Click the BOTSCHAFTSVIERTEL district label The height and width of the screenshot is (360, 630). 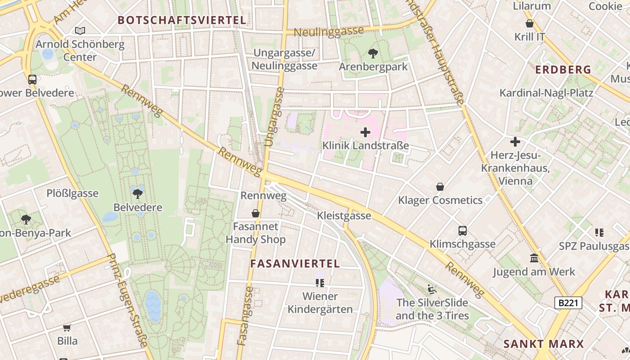pyautogui.click(x=182, y=20)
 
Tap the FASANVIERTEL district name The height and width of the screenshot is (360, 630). pyautogui.click(x=295, y=264)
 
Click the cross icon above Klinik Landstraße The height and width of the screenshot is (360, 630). pyautogui.click(x=365, y=132)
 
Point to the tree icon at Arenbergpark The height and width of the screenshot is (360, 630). pyautogui.click(x=373, y=54)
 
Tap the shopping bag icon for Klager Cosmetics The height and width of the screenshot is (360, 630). pyautogui.click(x=440, y=187)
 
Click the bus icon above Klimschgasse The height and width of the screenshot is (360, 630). pyautogui.click(x=462, y=231)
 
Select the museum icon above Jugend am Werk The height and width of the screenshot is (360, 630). pyautogui.click(x=534, y=258)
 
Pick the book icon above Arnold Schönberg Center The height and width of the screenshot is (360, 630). pyautogui.click(x=80, y=31)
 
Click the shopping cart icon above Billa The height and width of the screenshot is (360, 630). pyautogui.click(x=67, y=328)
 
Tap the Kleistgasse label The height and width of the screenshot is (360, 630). pyautogui.click(x=344, y=216)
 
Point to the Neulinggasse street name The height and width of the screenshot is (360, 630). pyautogui.click(x=328, y=31)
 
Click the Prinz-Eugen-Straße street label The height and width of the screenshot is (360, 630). pyautogui.click(x=128, y=300)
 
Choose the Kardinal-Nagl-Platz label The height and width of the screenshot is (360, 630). pyautogui.click(x=546, y=93)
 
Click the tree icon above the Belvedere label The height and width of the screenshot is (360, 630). pyautogui.click(x=138, y=194)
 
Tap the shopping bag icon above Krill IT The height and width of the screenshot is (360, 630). pyautogui.click(x=530, y=23)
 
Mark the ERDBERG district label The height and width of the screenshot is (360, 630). pyautogui.click(x=563, y=70)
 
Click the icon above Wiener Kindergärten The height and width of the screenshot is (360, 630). pyautogui.click(x=320, y=283)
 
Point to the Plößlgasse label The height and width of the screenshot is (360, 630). pyautogui.click(x=72, y=193)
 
